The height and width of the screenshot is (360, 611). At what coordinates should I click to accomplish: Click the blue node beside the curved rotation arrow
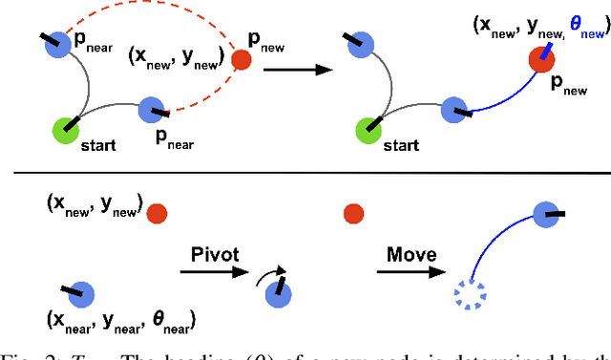[278, 297]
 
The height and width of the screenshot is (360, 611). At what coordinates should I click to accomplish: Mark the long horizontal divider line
[305, 173]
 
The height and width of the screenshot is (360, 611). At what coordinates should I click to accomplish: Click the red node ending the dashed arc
[242, 61]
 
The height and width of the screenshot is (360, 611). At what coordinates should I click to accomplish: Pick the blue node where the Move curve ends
[543, 214]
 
